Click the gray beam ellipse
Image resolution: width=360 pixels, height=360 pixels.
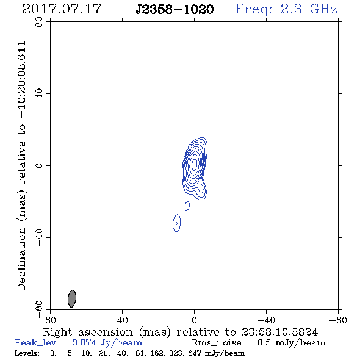tap(72, 298)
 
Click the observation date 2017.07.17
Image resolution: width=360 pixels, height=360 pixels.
tap(62, 9)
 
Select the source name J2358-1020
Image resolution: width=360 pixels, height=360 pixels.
tap(175, 9)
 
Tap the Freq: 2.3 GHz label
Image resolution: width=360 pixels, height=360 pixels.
tap(286, 9)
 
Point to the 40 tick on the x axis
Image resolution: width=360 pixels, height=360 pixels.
tap(123, 320)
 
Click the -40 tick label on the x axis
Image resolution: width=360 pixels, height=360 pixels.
tap(266, 320)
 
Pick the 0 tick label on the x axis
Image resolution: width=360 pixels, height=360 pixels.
tap(194, 320)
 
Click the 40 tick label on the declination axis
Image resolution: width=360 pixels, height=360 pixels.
tap(39, 94)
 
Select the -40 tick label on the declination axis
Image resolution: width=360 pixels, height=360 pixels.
tap(39, 237)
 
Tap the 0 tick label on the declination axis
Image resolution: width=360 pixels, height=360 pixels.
tap(39, 165)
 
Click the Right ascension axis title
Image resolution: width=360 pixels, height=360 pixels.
tap(180, 332)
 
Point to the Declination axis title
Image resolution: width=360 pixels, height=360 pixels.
tap(22, 166)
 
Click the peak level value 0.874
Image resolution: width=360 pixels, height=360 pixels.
tap(84, 343)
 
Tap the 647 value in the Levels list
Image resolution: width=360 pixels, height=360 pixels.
tap(195, 353)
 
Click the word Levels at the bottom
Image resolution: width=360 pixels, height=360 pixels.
tap(27, 353)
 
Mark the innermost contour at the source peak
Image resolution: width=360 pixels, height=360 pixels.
tap(194, 164)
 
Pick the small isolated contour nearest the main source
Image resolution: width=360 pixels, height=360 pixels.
tap(187, 206)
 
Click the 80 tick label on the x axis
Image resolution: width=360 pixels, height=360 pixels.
tap(50, 320)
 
